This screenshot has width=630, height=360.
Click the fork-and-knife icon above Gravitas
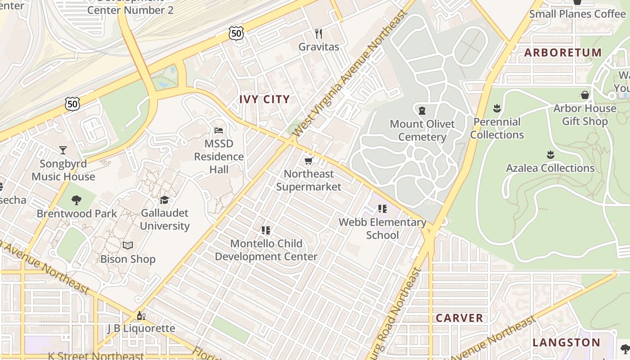[319, 34]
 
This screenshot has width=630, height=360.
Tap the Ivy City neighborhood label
[264, 99]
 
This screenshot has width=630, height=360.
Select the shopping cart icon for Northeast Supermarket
[308, 161]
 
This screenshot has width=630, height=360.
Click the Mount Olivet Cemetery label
[422, 130]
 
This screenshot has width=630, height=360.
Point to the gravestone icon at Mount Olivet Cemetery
[422, 110]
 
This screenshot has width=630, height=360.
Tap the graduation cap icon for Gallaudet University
[164, 200]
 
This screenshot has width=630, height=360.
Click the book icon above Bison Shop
[128, 246]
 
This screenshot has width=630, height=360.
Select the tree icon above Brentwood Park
[76, 200]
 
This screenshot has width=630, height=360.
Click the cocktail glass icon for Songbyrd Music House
[63, 150]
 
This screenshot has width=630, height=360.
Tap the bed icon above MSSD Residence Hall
[219, 130]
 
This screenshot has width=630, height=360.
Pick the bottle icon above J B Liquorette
[141, 315]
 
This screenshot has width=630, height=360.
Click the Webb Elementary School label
[382, 229]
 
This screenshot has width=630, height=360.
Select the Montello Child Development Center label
[266, 250]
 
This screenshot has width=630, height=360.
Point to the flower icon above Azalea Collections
[550, 155]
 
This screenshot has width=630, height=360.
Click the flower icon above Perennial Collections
[497, 108]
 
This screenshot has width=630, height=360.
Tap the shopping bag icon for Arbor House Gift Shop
[585, 95]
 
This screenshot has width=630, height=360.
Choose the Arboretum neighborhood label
[562, 53]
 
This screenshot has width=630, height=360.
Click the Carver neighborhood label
[459, 318]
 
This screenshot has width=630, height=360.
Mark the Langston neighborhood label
[566, 342]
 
